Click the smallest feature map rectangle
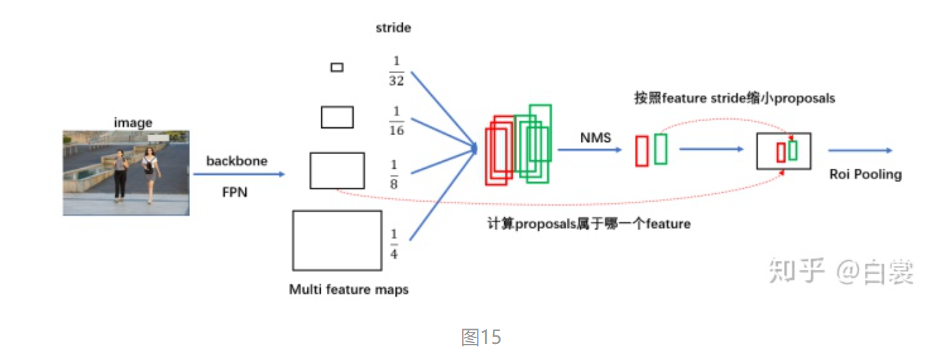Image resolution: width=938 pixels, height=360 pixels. coord(337,67)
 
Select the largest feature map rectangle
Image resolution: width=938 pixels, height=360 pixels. coord(337,240)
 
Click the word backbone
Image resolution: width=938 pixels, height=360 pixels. coord(236,161)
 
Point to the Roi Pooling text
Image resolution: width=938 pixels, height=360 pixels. coord(865,174)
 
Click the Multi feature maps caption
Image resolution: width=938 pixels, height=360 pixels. coord(348,289)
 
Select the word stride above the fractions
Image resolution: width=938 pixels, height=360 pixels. coord(393,28)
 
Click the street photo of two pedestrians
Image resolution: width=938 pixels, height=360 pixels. coord(126,172)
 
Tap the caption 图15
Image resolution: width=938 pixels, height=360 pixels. coord(481,337)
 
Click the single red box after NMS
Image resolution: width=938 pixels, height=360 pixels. coord(641,151)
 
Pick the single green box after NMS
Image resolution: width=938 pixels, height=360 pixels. coord(660,149)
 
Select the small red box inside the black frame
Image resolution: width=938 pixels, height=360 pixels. coord(780,153)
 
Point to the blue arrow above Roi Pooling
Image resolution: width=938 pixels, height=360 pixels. coord(859,150)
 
